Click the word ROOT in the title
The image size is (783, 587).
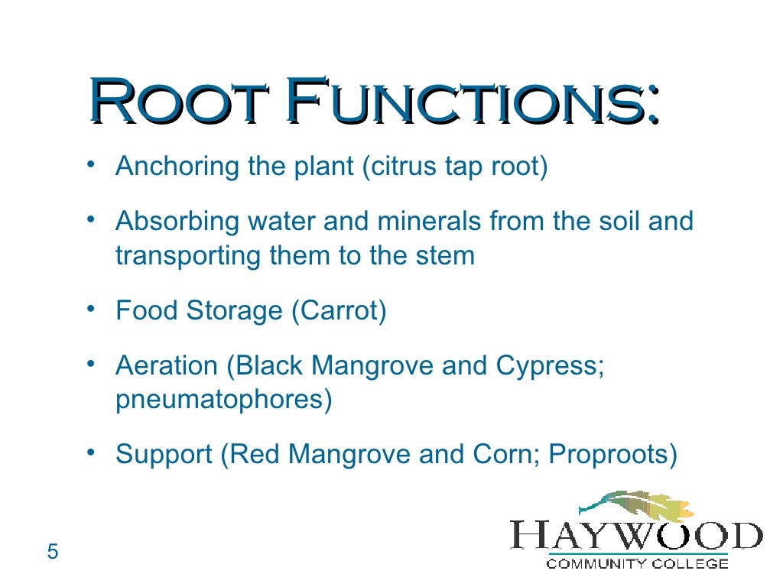coord(182,102)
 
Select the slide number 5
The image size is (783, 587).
coord(53,551)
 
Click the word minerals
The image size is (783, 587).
coord(424,222)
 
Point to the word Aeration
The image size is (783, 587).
coord(167,366)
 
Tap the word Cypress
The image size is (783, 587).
coord(550,366)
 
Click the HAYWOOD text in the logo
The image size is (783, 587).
coord(636,534)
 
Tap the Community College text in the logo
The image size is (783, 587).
coord(636,564)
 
